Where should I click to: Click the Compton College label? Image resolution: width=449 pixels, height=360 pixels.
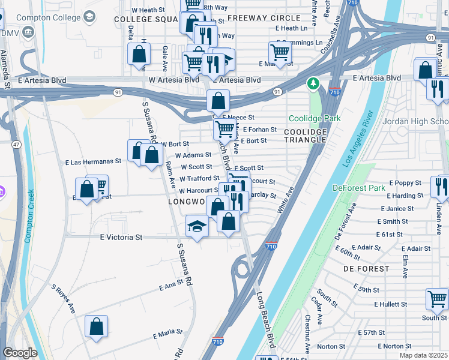[x=49, y=17]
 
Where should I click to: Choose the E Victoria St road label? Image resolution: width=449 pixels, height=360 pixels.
[x=121, y=237]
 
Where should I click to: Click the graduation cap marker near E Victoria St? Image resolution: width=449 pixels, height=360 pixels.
[x=197, y=226]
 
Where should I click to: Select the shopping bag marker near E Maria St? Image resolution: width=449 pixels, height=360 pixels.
[x=96, y=327]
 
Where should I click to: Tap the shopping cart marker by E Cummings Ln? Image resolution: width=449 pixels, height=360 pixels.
[x=280, y=53]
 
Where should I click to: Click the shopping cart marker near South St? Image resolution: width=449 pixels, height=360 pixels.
[x=437, y=298]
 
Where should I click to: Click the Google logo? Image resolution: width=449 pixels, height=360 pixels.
[x=20, y=353]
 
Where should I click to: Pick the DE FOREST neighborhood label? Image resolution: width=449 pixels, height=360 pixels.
[x=366, y=269]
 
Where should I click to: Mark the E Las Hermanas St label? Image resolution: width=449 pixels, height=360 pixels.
[x=93, y=161]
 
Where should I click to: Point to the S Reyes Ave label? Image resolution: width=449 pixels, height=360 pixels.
[x=63, y=299]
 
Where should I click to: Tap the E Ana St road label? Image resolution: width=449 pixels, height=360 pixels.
[x=170, y=287]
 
